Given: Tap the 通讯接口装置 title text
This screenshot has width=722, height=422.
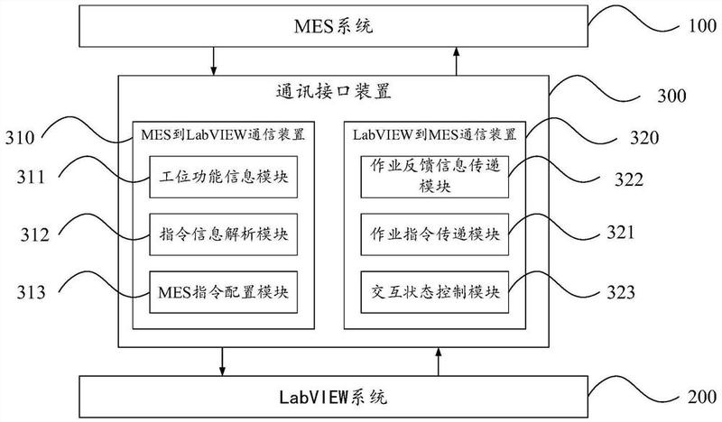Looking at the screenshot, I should coord(333,92).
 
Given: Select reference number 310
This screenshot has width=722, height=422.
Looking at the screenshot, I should coord(21,138).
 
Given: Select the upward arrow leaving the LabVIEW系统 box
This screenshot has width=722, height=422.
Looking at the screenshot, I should coord(439,363).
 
